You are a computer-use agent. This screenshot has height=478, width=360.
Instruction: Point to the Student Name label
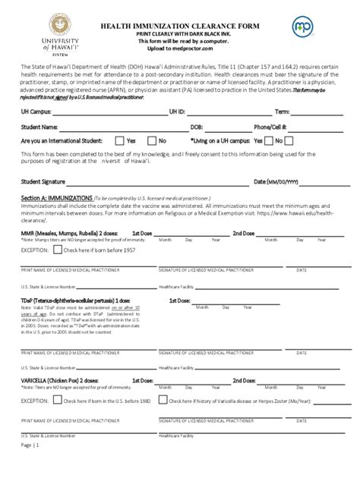pos(39,127)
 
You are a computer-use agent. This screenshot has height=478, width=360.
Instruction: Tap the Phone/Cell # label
pos(272,127)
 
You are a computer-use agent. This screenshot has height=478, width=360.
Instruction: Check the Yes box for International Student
pos(119,140)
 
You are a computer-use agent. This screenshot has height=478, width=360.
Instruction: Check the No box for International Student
pos(152,140)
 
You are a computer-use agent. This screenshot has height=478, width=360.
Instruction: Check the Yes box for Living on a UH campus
pos(269,140)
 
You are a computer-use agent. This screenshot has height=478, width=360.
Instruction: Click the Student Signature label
pos(43,182)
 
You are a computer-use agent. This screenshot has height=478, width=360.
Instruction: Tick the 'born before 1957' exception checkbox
pos(58,249)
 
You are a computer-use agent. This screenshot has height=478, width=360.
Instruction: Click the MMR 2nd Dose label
pos(248,233)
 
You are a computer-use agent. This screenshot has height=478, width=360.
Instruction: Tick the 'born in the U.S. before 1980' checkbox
pos(58,401)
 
